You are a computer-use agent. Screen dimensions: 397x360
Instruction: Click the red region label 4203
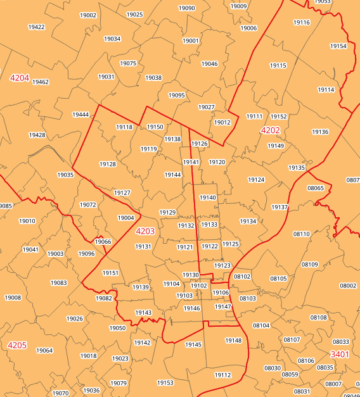pos(145,231)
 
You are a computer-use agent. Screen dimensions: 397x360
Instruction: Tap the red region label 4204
pos(20,78)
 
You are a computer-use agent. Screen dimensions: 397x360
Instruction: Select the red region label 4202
pos(270,130)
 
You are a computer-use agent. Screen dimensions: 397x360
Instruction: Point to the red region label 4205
pos(17,345)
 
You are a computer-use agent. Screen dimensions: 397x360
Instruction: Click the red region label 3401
pos(340,355)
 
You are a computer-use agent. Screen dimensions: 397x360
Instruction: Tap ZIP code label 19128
pos(108,164)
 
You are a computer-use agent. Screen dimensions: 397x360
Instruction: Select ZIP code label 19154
pos(338,46)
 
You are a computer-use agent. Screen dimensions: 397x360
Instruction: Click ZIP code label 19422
pos(37,27)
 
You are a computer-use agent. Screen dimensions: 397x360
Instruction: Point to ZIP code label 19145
pos(193,344)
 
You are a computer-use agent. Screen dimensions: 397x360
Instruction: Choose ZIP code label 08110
pos(302,234)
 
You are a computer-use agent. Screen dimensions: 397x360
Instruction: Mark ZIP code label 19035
pos(65,175)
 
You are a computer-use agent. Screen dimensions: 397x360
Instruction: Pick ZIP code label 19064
pos(44,351)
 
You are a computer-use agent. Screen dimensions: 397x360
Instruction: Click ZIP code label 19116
pos(302,22)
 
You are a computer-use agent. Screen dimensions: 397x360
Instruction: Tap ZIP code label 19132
pos(186,225)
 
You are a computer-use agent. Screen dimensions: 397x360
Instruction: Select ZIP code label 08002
pos(348,286)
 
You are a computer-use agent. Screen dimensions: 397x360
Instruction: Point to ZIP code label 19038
pos(153,78)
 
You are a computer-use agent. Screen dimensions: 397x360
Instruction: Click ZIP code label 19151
pos(110,273)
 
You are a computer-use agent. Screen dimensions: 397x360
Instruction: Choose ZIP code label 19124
pos(256,180)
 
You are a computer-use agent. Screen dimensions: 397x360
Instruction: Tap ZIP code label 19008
pos(13,298)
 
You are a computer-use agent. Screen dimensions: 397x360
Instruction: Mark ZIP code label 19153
pos(165,383)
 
